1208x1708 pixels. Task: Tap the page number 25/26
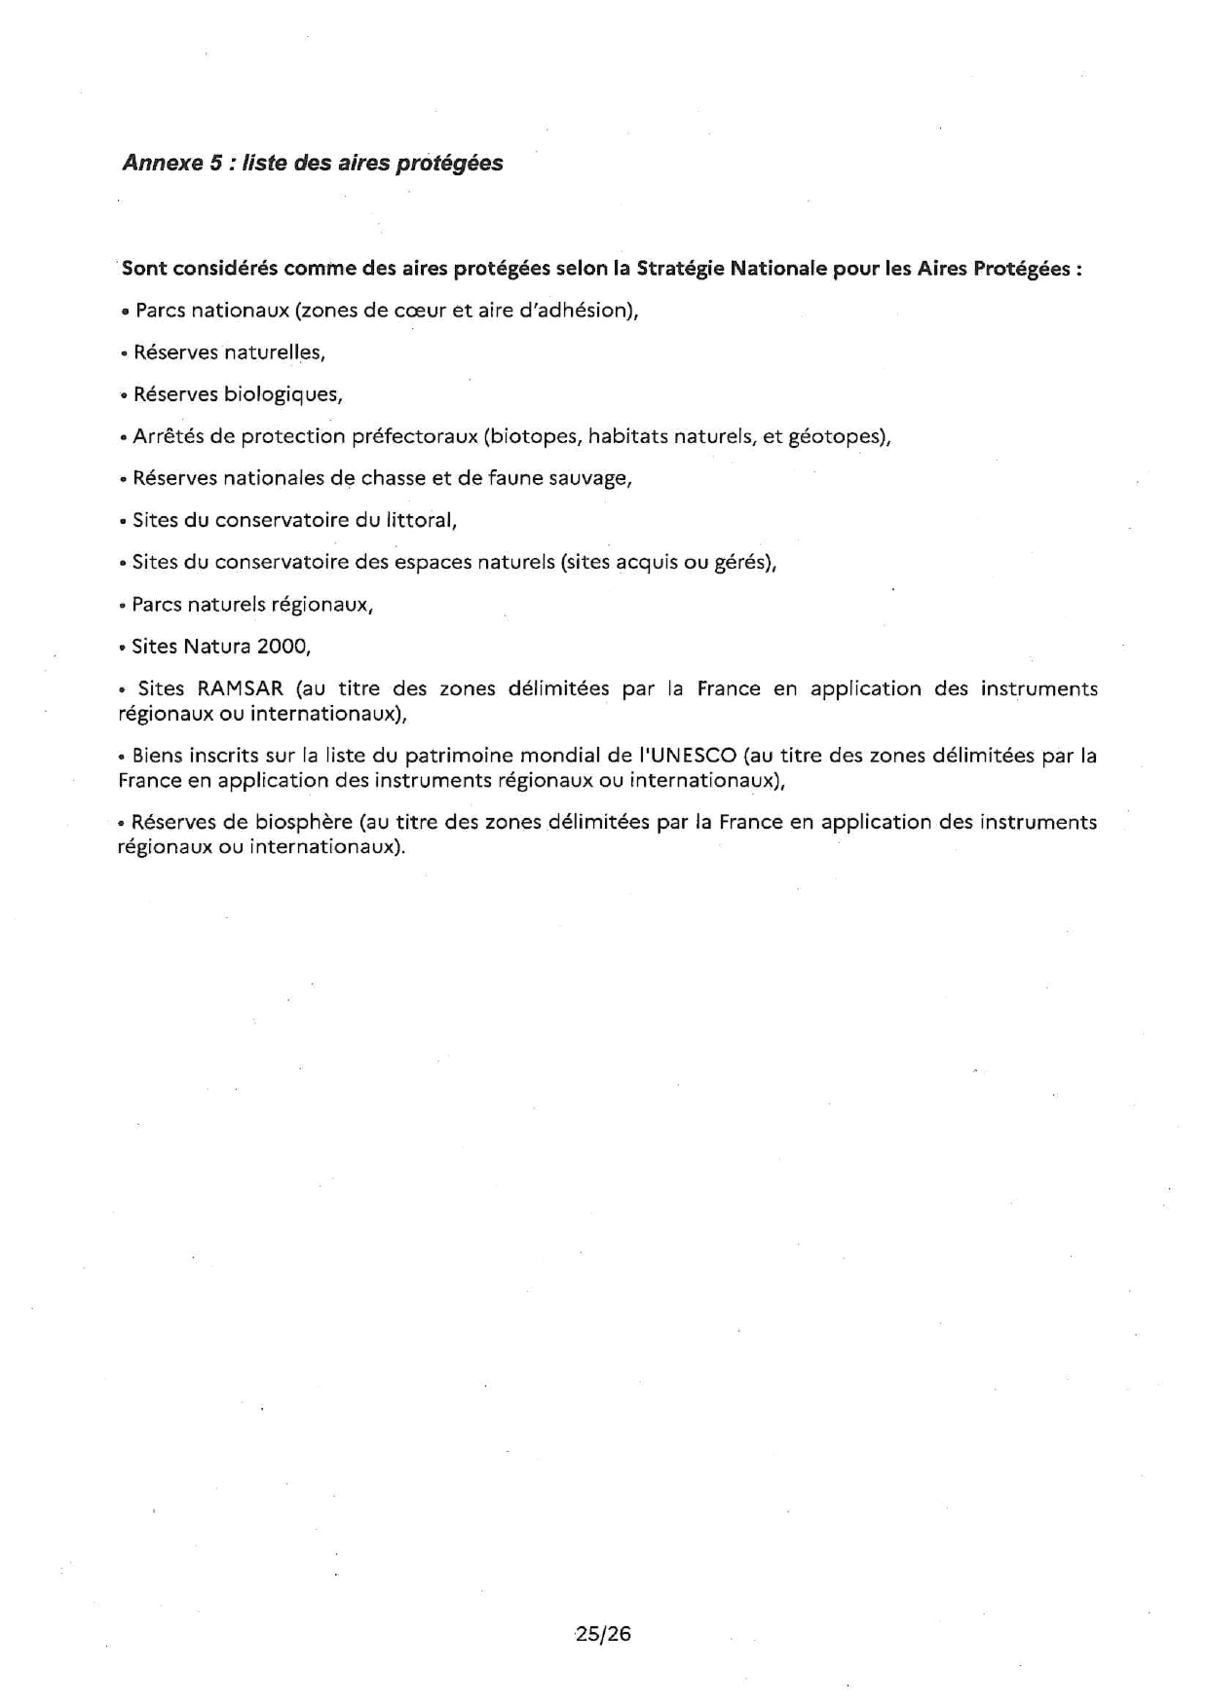(x=603, y=1633)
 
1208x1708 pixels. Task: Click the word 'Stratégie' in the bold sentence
(x=680, y=269)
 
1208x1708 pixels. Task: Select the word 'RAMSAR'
(x=240, y=688)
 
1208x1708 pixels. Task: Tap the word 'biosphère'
(x=303, y=822)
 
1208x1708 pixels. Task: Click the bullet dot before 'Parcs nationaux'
(x=126, y=312)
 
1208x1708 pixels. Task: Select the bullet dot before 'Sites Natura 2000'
(x=123, y=648)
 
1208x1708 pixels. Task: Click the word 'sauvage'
(x=591, y=478)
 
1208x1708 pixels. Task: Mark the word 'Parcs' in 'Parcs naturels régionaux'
(x=156, y=604)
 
